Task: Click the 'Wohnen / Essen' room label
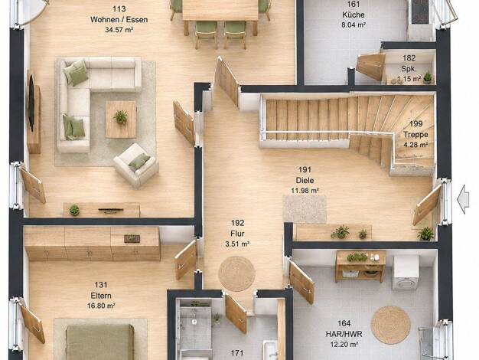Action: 119,20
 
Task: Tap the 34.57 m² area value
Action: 119,30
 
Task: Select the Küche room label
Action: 354,15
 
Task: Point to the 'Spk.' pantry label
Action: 409,68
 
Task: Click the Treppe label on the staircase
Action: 415,134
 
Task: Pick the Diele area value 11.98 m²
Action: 305,191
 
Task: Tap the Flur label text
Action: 237,234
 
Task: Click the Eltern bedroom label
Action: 101,296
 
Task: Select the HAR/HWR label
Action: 344,334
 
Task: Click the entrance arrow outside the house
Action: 463,199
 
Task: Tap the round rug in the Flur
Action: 236,273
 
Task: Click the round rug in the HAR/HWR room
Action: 391,325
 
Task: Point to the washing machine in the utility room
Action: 406,273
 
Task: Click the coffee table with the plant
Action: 121,119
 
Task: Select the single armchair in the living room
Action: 136,165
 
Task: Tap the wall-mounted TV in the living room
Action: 31,99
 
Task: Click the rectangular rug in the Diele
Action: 305,209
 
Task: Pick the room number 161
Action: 354,5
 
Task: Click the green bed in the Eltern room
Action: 100,342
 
